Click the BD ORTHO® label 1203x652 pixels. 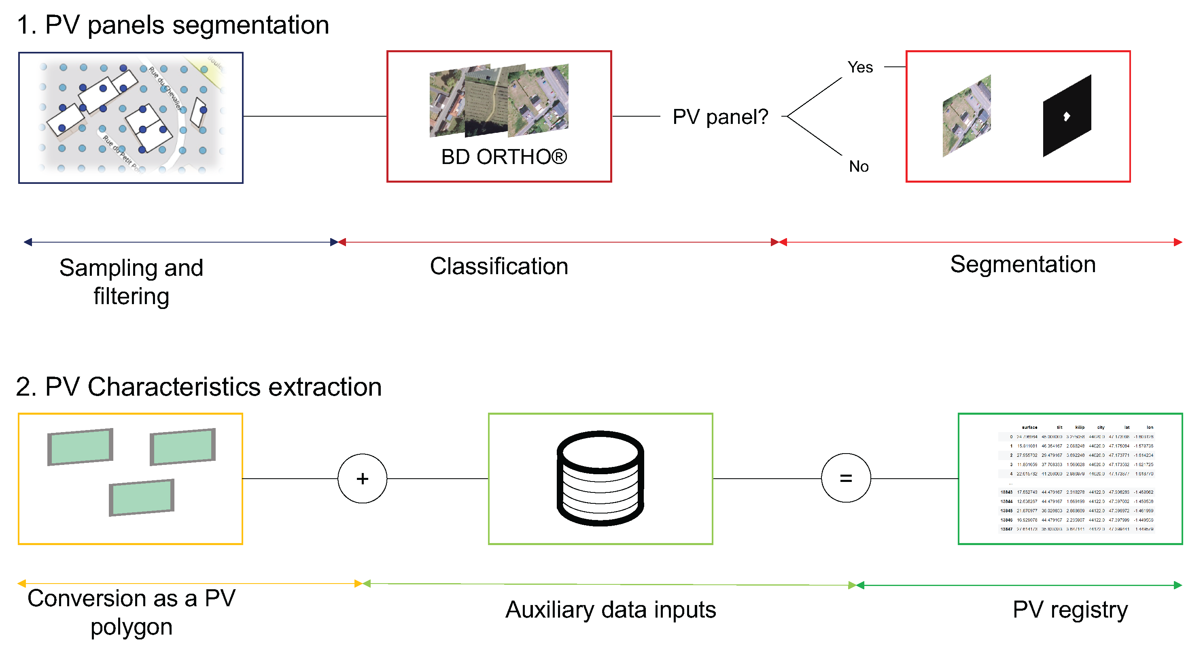(503, 157)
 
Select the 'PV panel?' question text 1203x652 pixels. (720, 117)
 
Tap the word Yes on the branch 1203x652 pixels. (860, 67)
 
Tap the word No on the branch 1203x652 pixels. (858, 166)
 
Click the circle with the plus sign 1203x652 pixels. (363, 478)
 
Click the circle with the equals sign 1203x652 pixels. (846, 478)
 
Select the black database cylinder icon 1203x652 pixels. (600, 478)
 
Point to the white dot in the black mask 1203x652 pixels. (1066, 116)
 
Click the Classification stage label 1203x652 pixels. (499, 266)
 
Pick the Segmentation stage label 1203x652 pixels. (1023, 264)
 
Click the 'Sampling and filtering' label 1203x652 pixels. (131, 282)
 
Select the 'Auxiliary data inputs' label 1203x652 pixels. (610, 609)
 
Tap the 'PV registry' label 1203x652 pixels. (1070, 609)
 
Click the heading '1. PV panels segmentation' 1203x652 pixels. (173, 25)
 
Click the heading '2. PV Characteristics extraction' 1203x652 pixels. (198, 387)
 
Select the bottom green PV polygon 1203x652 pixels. (142, 498)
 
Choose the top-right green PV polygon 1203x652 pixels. (182, 447)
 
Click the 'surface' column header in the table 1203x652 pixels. (1029, 427)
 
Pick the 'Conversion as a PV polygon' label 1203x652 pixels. (131, 612)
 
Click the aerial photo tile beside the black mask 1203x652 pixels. (967, 116)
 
